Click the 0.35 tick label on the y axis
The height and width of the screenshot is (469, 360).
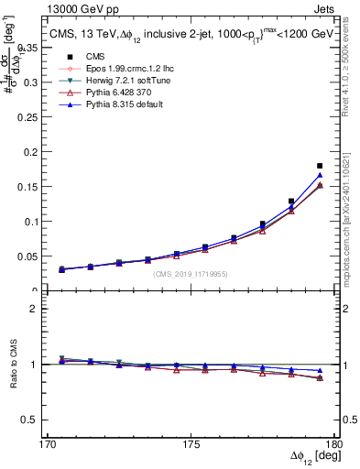40,47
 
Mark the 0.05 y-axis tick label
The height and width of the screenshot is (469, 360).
40,256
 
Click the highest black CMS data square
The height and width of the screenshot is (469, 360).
320,166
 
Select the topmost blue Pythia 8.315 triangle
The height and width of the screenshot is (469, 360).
320,175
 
